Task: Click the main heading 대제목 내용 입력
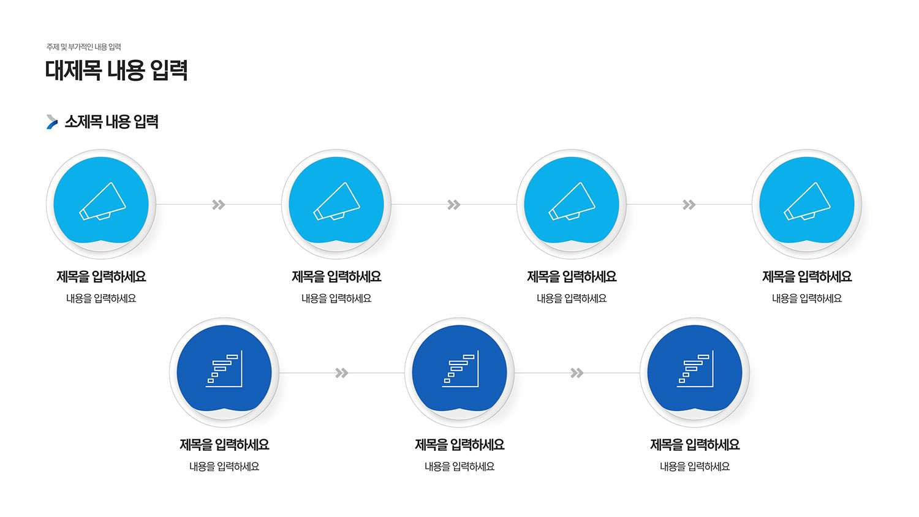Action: (x=116, y=70)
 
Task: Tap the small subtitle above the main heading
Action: (x=84, y=47)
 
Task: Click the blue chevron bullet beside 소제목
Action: (x=52, y=122)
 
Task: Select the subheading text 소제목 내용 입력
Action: (x=112, y=122)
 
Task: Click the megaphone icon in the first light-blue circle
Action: (x=102, y=201)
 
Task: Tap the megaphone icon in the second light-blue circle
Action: (x=337, y=201)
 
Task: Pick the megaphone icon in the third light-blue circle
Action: (x=572, y=201)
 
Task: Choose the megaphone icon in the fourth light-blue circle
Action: (x=807, y=201)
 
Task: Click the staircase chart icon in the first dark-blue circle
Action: (x=224, y=369)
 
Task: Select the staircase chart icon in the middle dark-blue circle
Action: (x=460, y=369)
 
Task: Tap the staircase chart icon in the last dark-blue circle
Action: (x=695, y=369)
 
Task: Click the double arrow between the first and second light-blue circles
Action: (x=219, y=205)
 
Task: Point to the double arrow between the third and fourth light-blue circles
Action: (x=689, y=205)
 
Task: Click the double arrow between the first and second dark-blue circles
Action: (x=342, y=373)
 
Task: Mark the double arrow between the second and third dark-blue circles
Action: (x=577, y=373)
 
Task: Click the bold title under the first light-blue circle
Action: (x=101, y=277)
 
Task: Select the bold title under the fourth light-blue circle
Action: (x=807, y=277)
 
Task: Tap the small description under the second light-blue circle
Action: (x=336, y=299)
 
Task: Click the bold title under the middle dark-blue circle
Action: (x=459, y=445)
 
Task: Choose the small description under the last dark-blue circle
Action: (x=695, y=467)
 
